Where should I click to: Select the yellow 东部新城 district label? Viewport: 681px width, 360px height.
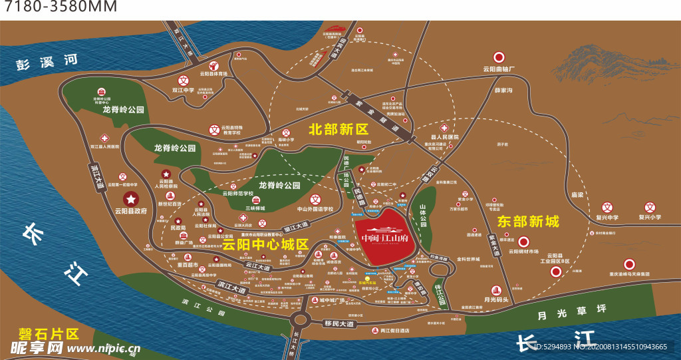pos(528,222)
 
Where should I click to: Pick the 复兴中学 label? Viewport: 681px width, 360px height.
pos(606,217)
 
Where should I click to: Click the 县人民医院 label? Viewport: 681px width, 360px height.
pos(444,136)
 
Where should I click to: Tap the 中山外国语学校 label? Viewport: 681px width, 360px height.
pos(315,208)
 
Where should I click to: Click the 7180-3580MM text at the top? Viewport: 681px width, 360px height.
pos(61,8)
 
